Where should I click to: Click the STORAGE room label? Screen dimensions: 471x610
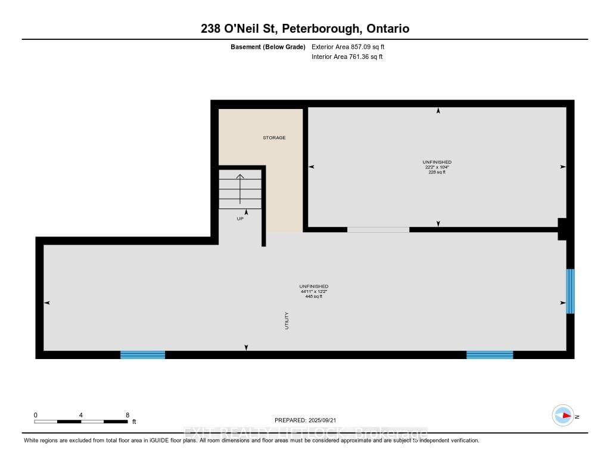point(275,138)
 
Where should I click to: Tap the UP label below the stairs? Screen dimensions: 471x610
point(240,219)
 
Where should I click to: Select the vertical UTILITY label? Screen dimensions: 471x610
point(287,321)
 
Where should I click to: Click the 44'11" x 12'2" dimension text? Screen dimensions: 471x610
point(313,291)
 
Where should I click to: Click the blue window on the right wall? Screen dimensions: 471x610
point(570,291)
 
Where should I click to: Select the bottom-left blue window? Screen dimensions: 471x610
point(142,355)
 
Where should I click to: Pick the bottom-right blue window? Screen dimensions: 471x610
point(489,355)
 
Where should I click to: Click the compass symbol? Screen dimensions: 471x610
point(563,416)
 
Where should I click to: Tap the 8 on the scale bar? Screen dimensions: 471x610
point(127,415)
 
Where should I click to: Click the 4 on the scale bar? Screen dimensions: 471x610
point(80,415)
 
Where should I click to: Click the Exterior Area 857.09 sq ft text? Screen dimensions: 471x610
point(352,46)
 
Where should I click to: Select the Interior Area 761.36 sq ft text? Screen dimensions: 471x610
point(347,57)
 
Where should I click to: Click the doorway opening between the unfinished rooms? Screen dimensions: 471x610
point(378,229)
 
